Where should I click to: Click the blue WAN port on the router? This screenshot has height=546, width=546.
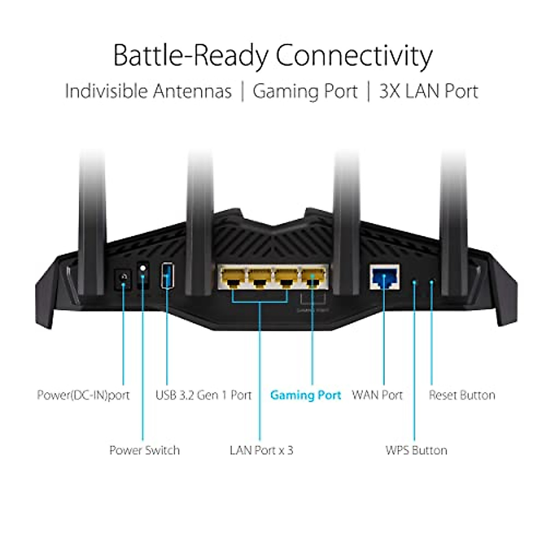384,277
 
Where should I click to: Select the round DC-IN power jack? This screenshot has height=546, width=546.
123,278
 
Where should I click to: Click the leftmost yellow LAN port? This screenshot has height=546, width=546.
233,278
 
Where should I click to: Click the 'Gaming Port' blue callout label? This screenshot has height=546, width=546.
305,395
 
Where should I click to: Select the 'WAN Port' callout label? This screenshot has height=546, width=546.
377,395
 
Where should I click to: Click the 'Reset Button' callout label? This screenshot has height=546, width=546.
462,395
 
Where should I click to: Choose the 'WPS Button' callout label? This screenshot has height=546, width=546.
416,450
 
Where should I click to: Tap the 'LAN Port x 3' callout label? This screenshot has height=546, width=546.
261,450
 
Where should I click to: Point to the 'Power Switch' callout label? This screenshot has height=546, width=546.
144,450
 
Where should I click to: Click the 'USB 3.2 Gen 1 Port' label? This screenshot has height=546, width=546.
203,395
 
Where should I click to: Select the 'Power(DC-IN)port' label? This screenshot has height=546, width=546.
83,395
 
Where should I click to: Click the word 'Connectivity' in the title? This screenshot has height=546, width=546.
354,56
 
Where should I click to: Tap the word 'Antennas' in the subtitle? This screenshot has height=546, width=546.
192,91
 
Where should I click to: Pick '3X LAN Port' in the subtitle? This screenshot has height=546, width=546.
429,91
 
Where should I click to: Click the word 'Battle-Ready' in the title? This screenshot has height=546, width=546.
191,56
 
